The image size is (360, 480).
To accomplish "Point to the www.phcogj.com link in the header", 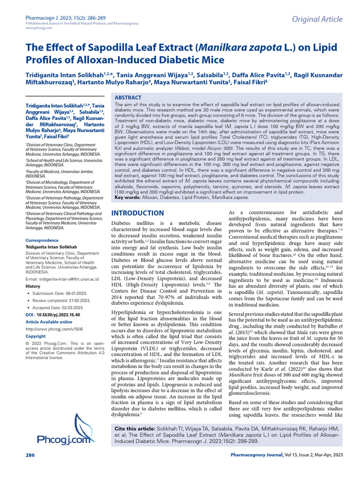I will point(34,28).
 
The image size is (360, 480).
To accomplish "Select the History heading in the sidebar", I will point(33,285).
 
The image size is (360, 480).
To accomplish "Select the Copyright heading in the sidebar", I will point(36,337).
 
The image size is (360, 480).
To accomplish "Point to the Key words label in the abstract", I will point(127,198).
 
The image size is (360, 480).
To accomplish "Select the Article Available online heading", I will point(49,322).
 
